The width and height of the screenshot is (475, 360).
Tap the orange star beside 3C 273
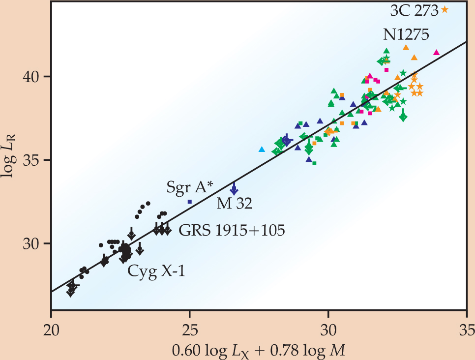coord(445,9)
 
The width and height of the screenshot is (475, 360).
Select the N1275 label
coord(406,34)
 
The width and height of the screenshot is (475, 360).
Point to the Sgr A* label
coord(189,187)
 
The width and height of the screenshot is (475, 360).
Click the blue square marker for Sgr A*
coord(190,202)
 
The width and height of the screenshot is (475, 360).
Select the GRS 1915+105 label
coord(232,230)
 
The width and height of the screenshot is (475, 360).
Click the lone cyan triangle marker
coord(262,149)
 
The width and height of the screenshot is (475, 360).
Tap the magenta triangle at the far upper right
coord(436,52)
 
